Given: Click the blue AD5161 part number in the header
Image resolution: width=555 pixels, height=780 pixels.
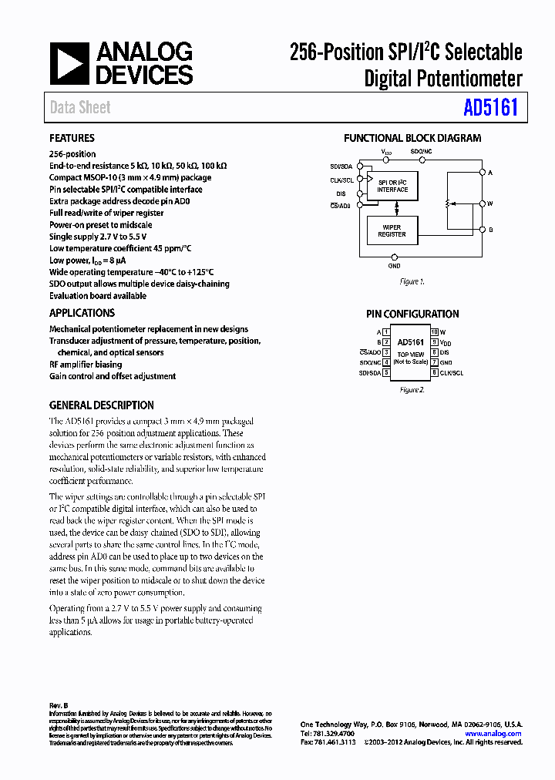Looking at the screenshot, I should click(490, 106).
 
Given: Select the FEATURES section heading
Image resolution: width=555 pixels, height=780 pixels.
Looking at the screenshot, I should click(72, 138).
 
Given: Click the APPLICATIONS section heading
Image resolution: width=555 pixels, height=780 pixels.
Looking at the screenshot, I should click(82, 313).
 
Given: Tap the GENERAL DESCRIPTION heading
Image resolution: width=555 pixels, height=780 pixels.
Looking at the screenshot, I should click(101, 405).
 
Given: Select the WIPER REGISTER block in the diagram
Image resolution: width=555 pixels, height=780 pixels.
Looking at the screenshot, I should click(392, 230).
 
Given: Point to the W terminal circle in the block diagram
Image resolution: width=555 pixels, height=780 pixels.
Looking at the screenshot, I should click(482, 203).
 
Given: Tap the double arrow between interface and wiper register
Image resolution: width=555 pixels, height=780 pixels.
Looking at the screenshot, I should click(396, 208).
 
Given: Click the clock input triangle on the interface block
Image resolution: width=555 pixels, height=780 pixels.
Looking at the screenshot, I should click(369, 180).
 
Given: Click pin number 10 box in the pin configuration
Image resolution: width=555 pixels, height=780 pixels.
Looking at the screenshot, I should click(434, 332).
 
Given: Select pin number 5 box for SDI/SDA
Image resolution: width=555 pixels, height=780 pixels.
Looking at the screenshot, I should click(385, 372).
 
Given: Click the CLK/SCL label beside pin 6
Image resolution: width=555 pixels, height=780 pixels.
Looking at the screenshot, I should click(452, 372).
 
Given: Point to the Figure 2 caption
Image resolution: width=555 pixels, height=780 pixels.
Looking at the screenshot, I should click(412, 390).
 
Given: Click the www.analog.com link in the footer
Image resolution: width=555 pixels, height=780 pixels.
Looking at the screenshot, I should click(494, 734).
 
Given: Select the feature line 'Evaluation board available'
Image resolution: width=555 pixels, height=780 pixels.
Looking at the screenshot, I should click(98, 295).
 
